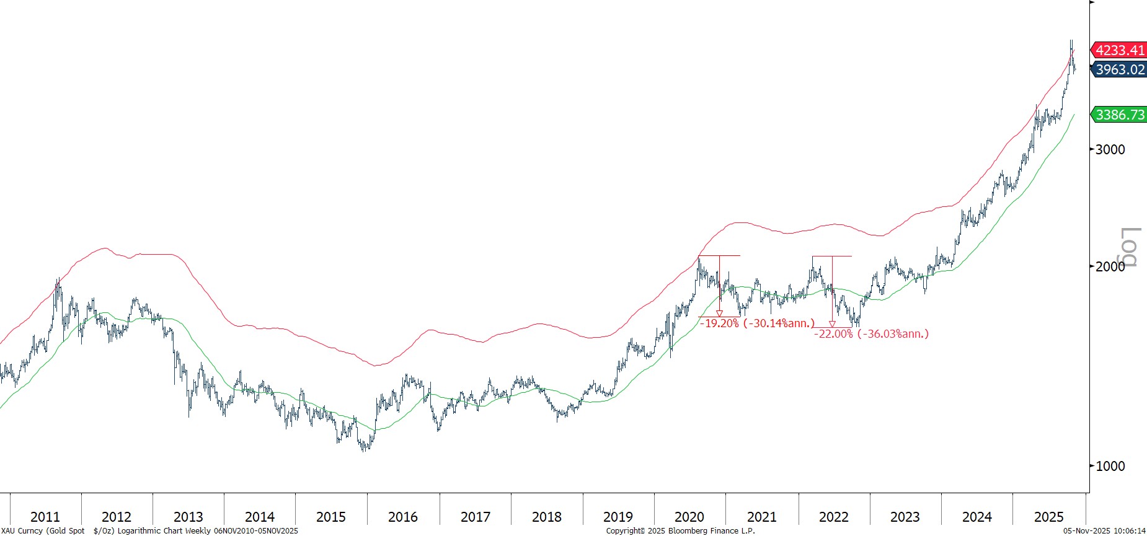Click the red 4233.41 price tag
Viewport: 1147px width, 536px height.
click(x=1120, y=50)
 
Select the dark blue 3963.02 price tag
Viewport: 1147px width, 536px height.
click(x=1120, y=69)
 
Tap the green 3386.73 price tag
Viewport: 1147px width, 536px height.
click(x=1120, y=115)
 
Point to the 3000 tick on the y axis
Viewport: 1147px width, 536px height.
click(x=1110, y=149)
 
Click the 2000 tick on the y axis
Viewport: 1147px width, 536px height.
click(x=1110, y=266)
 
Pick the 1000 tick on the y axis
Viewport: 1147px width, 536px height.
click(x=1110, y=466)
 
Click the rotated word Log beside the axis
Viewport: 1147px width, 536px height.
click(x=1130, y=247)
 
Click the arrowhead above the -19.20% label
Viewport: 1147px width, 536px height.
click(x=719, y=314)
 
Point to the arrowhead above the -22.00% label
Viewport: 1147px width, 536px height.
click(x=832, y=323)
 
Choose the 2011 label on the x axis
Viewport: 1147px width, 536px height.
click(x=45, y=517)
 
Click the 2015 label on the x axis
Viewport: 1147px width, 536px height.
click(x=331, y=517)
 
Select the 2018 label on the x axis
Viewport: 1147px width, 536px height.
click(x=546, y=517)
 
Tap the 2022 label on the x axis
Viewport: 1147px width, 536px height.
click(x=833, y=517)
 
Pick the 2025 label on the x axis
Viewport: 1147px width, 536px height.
click(x=1048, y=517)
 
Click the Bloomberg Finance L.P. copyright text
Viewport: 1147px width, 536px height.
click(x=680, y=531)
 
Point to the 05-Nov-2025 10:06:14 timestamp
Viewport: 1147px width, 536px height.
click(x=1104, y=531)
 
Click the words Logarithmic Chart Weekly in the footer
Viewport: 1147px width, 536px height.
click(x=164, y=531)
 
